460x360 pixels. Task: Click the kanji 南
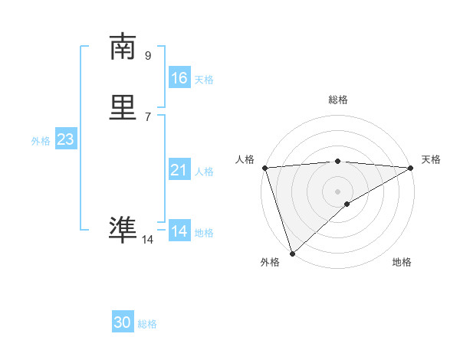pyautogui.click(x=123, y=47)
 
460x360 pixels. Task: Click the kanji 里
pyautogui.click(x=123, y=108)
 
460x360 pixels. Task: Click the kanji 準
pyautogui.click(x=123, y=231)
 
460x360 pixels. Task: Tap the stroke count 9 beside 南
pyautogui.click(x=148, y=55)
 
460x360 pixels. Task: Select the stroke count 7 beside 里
pyautogui.click(x=148, y=116)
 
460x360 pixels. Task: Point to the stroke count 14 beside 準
pyautogui.click(x=147, y=240)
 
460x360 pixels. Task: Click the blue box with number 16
pyautogui.click(x=179, y=78)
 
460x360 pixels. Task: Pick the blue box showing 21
pyautogui.click(x=179, y=170)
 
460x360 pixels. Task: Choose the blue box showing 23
pyautogui.click(x=65, y=139)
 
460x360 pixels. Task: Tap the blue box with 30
pyautogui.click(x=123, y=322)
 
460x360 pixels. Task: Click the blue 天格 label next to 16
pyautogui.click(x=204, y=80)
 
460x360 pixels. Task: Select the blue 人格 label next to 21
pyautogui.click(x=204, y=172)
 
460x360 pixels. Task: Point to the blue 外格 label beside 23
pyautogui.click(x=41, y=141)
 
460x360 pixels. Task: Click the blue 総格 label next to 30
pyautogui.click(x=147, y=324)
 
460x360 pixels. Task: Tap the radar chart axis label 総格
pyautogui.click(x=338, y=100)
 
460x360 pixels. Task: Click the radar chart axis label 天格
pyautogui.click(x=431, y=159)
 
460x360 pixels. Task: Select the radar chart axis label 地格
pyautogui.click(x=402, y=262)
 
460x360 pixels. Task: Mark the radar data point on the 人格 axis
pyautogui.click(x=264, y=168)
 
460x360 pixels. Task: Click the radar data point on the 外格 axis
pyautogui.click(x=291, y=253)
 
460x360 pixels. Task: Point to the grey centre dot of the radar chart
pyautogui.click(x=337, y=191)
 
